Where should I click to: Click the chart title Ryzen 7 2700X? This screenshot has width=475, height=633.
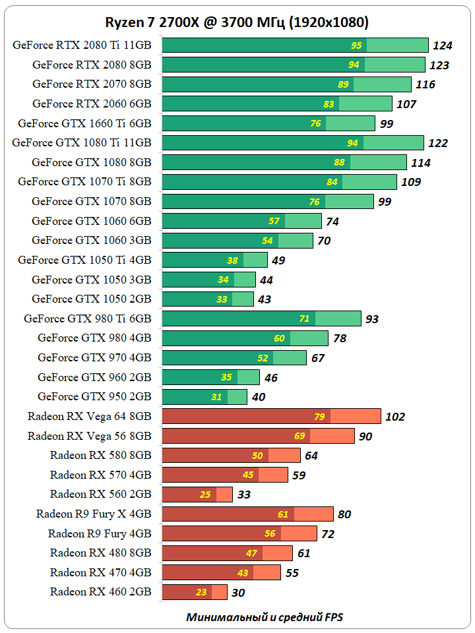pos(237,22)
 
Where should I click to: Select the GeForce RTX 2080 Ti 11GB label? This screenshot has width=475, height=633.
pos(81,45)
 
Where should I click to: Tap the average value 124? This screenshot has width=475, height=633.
pos(443,45)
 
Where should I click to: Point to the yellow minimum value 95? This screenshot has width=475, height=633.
pos(356,45)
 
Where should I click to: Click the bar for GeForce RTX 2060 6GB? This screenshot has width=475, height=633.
pos(277,104)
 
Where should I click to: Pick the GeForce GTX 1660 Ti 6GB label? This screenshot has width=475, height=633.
pos(84,123)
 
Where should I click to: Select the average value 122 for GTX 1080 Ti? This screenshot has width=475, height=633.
pos(438,143)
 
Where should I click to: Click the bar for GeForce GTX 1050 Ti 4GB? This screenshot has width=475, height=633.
pos(214,260)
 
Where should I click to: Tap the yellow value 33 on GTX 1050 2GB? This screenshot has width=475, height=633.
pos(222,299)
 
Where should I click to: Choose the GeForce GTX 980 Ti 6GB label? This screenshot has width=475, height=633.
pos(88,318)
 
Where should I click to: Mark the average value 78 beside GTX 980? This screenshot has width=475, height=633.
pos(340,338)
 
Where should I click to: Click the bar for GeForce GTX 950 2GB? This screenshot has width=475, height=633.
pos(205,397)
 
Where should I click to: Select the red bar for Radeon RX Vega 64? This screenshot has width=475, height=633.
pos(271,416)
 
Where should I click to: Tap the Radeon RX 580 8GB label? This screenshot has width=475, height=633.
pos(100,455)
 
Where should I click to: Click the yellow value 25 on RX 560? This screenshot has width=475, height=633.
pos(205,495)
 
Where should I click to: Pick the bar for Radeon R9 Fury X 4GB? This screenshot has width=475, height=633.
pos(247,514)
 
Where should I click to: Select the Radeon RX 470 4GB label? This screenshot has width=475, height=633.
pos(100,572)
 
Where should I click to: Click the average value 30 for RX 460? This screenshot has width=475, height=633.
pos(238,593)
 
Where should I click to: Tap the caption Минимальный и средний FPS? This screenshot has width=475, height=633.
pos(265,617)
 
